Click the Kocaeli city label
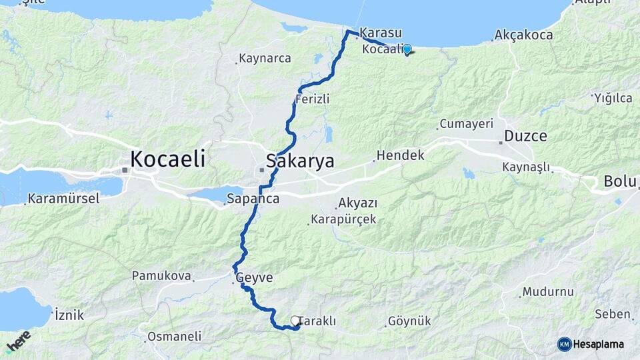pos(167,159)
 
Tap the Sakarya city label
pos(299,161)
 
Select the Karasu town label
pos(381,33)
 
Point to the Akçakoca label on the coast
pos(524,35)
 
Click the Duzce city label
pos(525,136)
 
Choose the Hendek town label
pos(400,155)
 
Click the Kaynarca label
pos(265,59)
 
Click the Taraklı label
pos(318,321)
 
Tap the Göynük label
pos(409,321)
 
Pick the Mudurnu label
pos(548,292)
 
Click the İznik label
pos(69,315)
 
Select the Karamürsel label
pos(63,199)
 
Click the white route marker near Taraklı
pos(295,321)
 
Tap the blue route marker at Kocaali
pos(407,49)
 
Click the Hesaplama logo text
pos(599,344)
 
